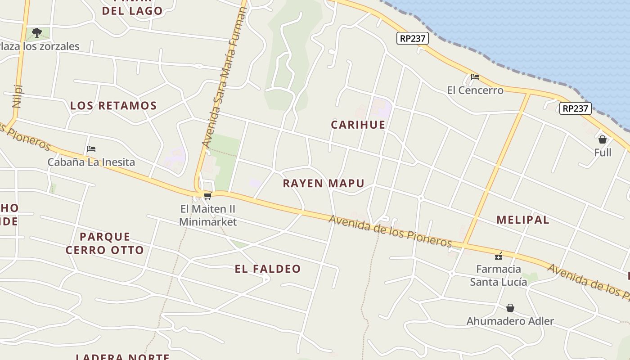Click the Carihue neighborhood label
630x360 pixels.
(x=358, y=125)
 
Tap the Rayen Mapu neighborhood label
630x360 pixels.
(x=323, y=183)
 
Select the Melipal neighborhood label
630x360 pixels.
(x=522, y=220)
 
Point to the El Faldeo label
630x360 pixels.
(x=267, y=269)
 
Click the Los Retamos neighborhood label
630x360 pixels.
(x=113, y=106)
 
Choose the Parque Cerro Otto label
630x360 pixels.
(x=105, y=243)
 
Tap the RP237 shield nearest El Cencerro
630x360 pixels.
(x=412, y=38)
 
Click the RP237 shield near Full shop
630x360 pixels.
(x=575, y=108)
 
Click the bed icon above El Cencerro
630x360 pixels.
(x=475, y=77)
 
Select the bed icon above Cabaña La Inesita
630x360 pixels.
(x=91, y=148)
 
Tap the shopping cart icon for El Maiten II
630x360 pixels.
(x=207, y=196)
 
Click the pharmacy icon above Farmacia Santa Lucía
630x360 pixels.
(x=499, y=256)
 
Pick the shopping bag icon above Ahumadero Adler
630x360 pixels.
(x=510, y=308)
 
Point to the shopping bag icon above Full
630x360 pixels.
(x=603, y=139)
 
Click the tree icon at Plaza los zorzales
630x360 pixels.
(x=37, y=32)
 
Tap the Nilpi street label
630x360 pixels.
(x=18, y=96)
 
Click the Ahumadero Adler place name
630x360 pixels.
(x=510, y=321)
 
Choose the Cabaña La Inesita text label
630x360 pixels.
(x=91, y=162)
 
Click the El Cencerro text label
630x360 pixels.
(x=475, y=90)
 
